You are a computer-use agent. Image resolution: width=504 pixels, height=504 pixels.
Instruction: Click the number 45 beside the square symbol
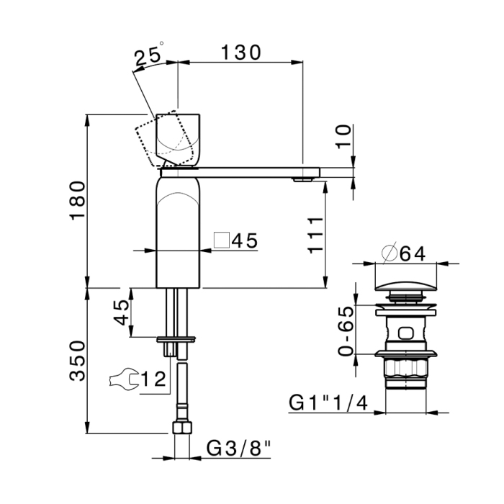point(244,241)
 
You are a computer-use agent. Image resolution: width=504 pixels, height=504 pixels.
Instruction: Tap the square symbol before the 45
point(222,240)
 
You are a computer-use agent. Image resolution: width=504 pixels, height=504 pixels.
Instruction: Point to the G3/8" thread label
point(238,449)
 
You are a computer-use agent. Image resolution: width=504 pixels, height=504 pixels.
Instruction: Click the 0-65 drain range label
point(346,330)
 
